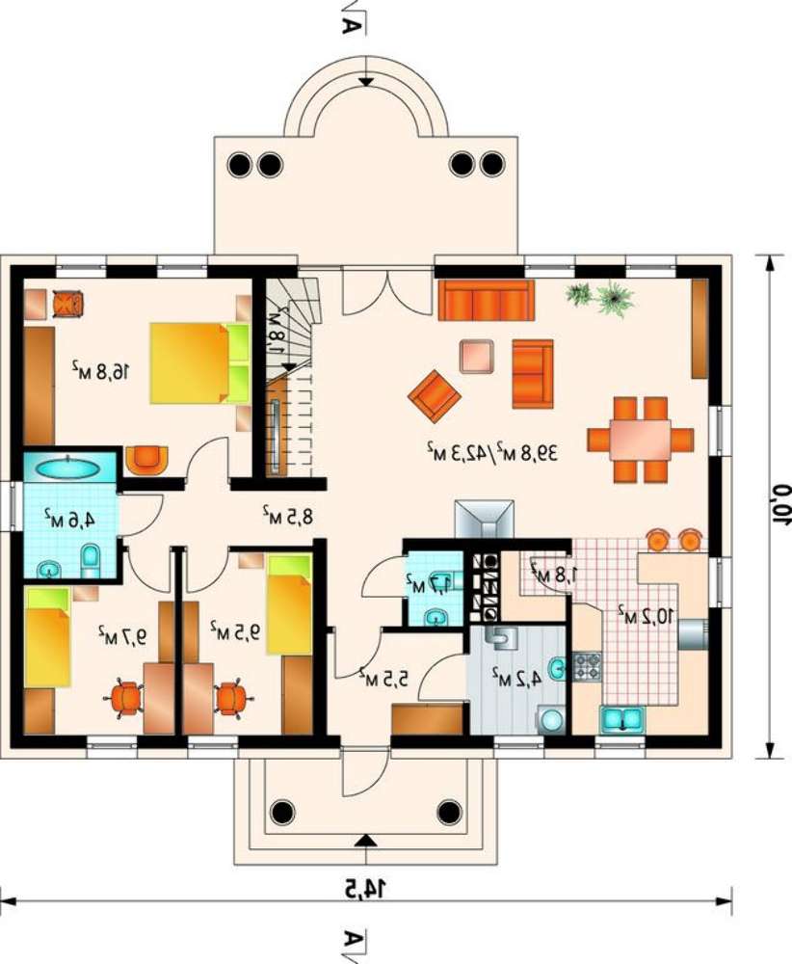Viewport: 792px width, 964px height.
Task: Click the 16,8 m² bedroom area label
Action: point(102,370)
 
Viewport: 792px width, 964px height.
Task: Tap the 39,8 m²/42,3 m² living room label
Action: point(492,452)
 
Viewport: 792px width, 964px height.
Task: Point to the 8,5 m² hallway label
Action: point(287,515)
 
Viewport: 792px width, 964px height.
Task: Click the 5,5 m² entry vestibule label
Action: point(384,677)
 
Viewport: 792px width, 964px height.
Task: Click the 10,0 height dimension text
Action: point(781,503)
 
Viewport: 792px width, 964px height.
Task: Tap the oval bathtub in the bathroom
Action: point(67,469)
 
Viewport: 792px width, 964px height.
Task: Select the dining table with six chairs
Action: point(640,440)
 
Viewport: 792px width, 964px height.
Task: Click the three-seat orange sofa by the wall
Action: point(486,300)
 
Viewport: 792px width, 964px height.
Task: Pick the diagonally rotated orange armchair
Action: point(435,396)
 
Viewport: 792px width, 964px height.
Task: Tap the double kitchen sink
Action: point(621,719)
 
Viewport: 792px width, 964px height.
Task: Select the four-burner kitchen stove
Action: point(588,666)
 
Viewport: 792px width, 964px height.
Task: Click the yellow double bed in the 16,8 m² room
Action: point(199,363)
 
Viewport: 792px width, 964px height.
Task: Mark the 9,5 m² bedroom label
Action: point(235,630)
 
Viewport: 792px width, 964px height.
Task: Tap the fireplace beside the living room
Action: point(485,521)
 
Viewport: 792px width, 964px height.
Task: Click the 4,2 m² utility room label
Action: point(516,678)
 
